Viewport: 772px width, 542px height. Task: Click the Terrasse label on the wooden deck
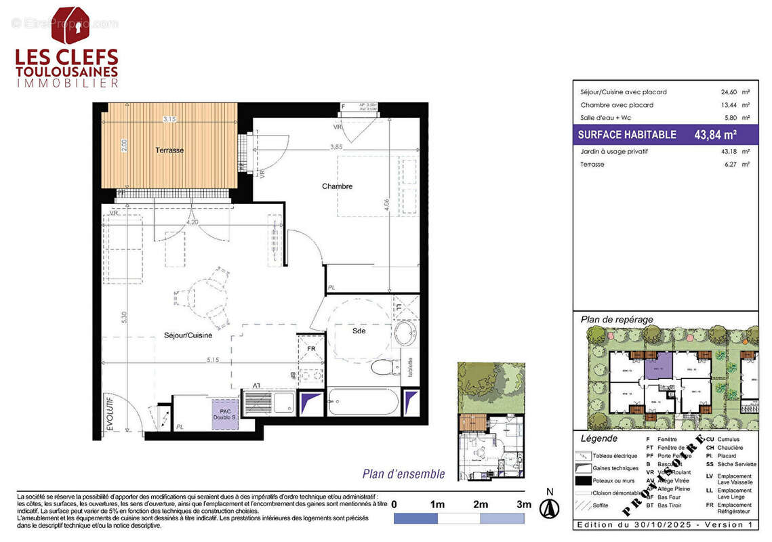pyautogui.click(x=169, y=150)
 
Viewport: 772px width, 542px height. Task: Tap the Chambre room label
pyautogui.click(x=337, y=186)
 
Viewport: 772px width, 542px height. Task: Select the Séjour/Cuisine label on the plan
pyautogui.click(x=188, y=335)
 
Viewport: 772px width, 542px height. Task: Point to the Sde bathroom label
pyautogui.click(x=359, y=331)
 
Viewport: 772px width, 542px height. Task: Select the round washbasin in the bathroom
pyautogui.click(x=405, y=333)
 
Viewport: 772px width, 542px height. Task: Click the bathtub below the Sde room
pyautogui.click(x=363, y=402)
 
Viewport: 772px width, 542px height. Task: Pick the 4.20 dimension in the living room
pyautogui.click(x=192, y=221)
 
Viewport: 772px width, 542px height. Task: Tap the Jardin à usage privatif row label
pyautogui.click(x=613, y=152)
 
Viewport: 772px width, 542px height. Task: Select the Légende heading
pyautogui.click(x=596, y=439)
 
